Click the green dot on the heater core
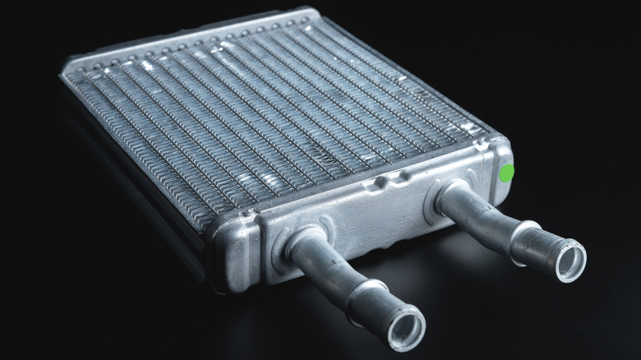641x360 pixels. [x=507, y=173]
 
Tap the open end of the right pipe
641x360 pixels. [x=570, y=261]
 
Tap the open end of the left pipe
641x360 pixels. [x=405, y=327]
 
